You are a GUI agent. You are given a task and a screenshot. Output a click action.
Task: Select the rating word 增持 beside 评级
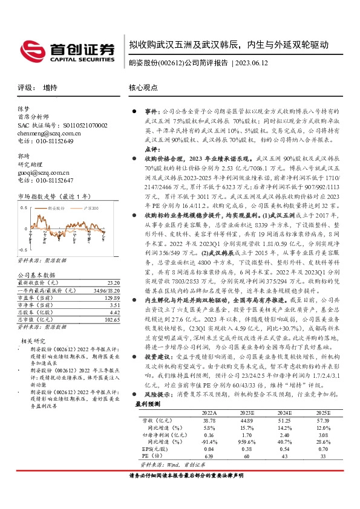tap(50, 88)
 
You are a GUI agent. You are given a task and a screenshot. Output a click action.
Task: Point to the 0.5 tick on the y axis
tap(24, 207)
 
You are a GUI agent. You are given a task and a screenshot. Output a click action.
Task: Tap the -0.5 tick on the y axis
tap(22, 250)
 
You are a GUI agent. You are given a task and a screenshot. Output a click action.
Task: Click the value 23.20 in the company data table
tap(112, 282)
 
